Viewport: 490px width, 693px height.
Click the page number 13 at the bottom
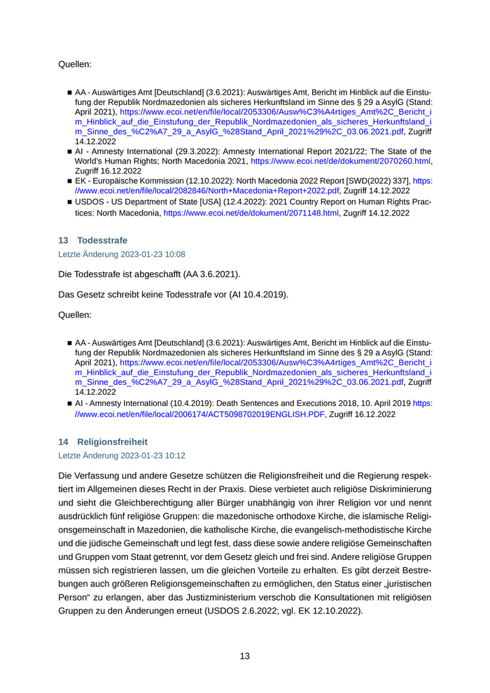coord(245,656)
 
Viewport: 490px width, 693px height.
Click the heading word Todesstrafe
coord(102,240)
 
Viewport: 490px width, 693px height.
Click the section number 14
coord(63,442)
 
